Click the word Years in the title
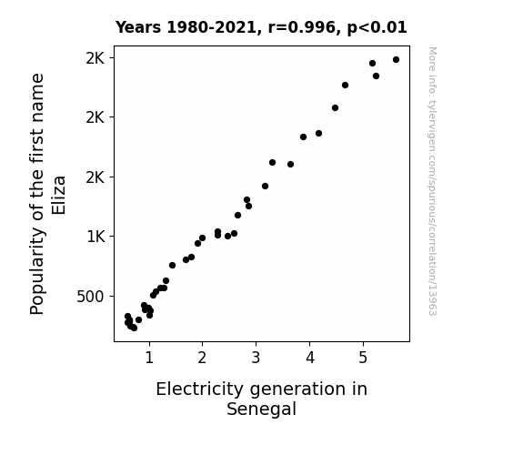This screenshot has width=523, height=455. (x=138, y=27)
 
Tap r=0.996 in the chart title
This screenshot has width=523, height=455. (x=302, y=27)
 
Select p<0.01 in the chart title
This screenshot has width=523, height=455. (x=377, y=27)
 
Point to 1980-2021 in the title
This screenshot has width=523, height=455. (x=211, y=27)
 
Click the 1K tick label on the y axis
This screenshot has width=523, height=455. (x=96, y=237)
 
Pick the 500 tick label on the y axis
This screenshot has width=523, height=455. (x=91, y=297)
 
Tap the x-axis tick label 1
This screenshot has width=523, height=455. (x=149, y=358)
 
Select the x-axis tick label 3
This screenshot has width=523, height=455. (x=256, y=358)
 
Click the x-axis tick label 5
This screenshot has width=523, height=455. (x=363, y=358)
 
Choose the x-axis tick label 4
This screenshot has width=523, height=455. (x=310, y=358)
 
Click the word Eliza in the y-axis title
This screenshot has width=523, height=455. (x=58, y=196)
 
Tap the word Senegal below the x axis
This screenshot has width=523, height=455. (x=262, y=409)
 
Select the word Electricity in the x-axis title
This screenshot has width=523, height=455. (x=199, y=389)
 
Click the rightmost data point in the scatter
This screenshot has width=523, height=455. (x=396, y=60)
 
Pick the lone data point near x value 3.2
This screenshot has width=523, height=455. (x=265, y=186)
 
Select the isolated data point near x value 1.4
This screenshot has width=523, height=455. (x=172, y=265)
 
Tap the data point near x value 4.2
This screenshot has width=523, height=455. (x=318, y=133)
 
